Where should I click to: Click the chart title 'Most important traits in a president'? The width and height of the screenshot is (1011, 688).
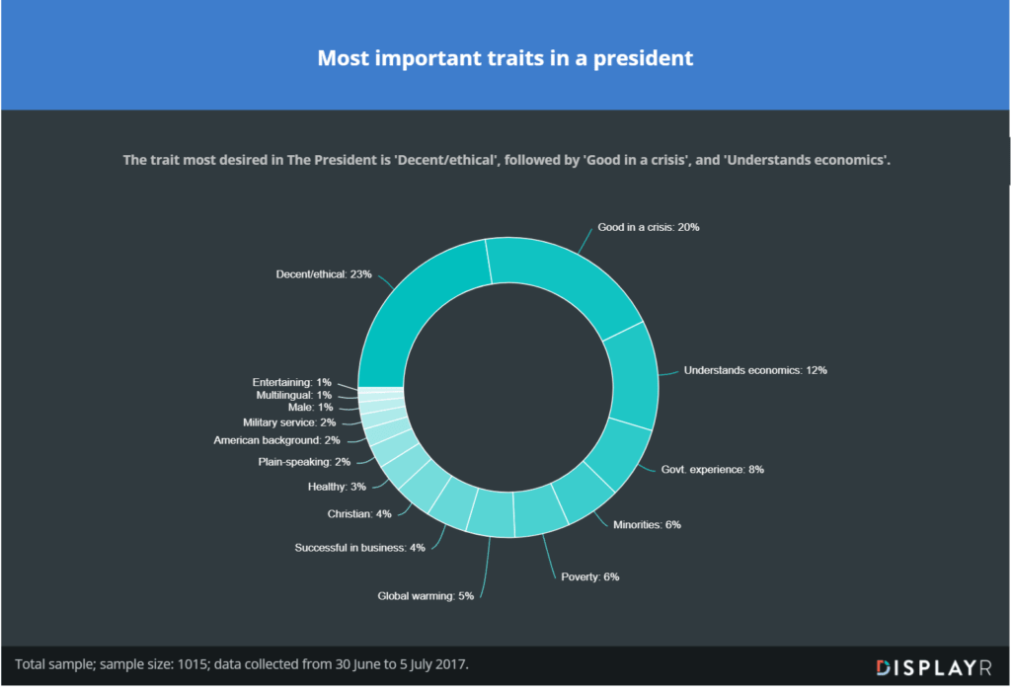pos(505,58)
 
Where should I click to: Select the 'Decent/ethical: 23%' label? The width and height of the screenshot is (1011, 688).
pos(324,273)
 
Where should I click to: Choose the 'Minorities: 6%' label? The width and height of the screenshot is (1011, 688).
pos(648,524)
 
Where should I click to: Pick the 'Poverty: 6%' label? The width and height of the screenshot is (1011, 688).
pos(589,576)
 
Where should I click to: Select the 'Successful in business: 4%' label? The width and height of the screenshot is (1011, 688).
pos(359,547)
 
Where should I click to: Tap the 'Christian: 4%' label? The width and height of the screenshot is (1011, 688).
pos(359,513)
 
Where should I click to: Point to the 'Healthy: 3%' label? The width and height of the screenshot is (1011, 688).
pos(337,486)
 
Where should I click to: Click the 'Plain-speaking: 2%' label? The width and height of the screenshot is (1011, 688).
pos(304,461)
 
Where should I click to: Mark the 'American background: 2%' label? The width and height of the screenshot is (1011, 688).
pos(276,440)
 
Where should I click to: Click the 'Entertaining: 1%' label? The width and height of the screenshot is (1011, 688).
pos(291,381)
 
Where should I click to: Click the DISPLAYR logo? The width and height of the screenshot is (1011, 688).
pos(933,667)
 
